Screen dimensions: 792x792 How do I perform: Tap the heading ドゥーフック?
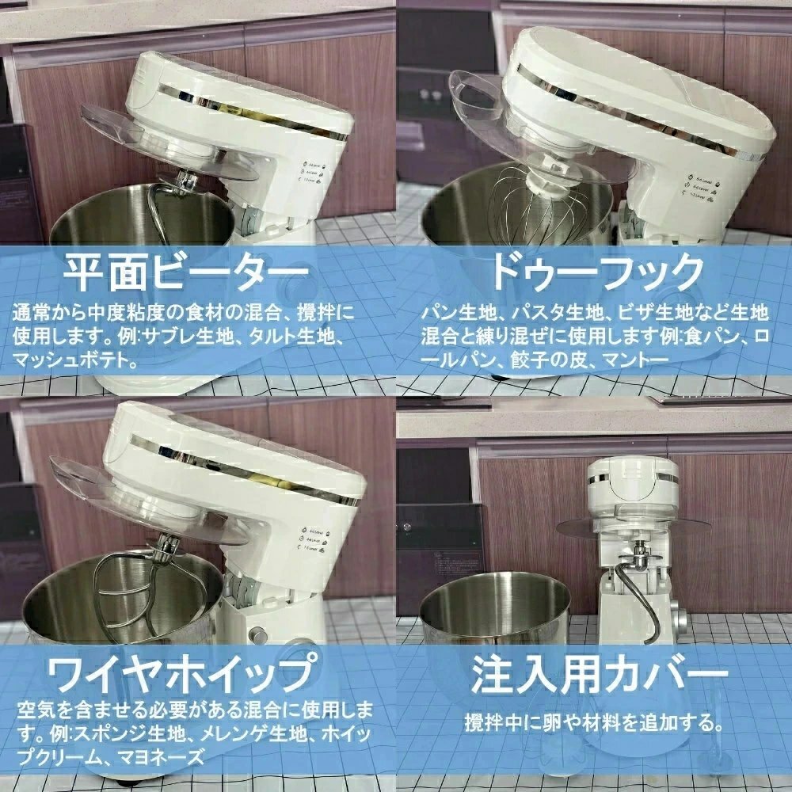click(x=596, y=273)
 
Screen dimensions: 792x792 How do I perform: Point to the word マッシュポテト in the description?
click(x=75, y=361)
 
